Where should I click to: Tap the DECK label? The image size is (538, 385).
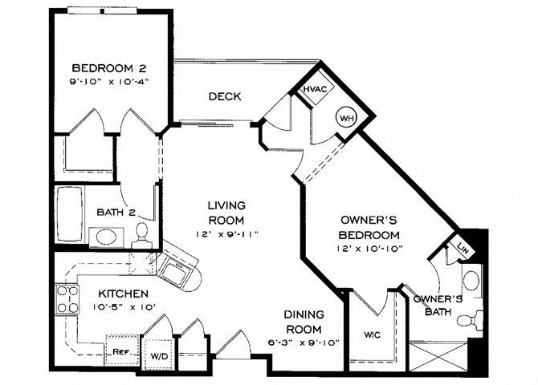coord(225,97)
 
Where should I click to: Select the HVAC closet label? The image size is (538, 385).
coord(313,90)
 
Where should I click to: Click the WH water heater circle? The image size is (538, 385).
coord(346,117)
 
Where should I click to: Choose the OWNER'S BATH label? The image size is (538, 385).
coord(438,305)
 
